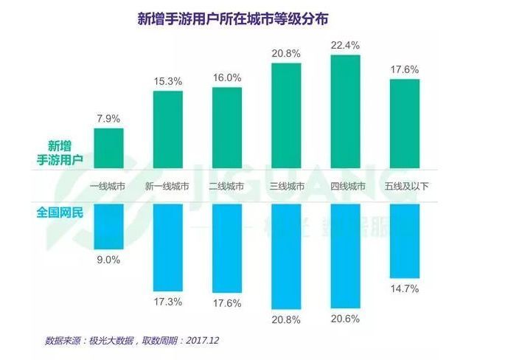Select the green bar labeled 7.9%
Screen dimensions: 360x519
click(x=109, y=148)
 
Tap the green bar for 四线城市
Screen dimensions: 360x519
click(x=346, y=111)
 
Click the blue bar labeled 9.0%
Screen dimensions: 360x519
click(x=109, y=226)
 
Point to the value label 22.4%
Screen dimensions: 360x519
click(x=346, y=45)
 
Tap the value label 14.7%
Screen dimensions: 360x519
click(x=404, y=290)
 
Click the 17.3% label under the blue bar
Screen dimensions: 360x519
click(x=168, y=302)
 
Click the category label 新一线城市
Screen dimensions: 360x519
click(x=167, y=186)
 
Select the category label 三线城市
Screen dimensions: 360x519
click(x=287, y=186)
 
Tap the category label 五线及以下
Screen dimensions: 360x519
click(x=404, y=186)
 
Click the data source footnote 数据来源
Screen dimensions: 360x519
click(x=133, y=341)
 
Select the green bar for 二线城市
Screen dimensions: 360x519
click(x=227, y=128)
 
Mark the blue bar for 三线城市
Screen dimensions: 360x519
click(x=287, y=256)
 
